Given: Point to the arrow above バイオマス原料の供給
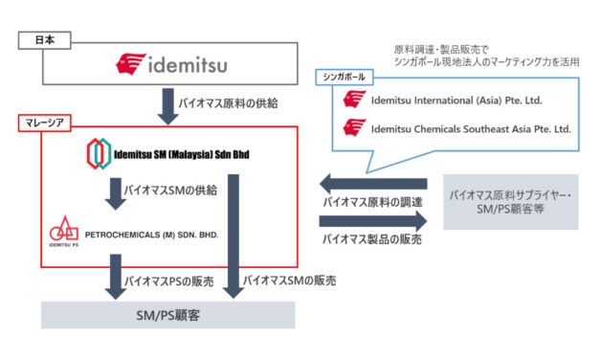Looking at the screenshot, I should coord(168,102).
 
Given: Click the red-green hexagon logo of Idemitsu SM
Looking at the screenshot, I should coord(100,155).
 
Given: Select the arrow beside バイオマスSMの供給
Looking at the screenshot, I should coord(116,191).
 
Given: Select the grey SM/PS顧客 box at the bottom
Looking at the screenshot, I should coord(168,313).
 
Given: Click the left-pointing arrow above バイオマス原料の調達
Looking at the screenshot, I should coord(372,182).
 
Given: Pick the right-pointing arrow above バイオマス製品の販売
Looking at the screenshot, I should coord(372,220).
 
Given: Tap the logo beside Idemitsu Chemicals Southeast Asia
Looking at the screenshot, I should coord(355,128).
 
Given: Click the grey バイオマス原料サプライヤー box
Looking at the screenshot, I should coord(511,201).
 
